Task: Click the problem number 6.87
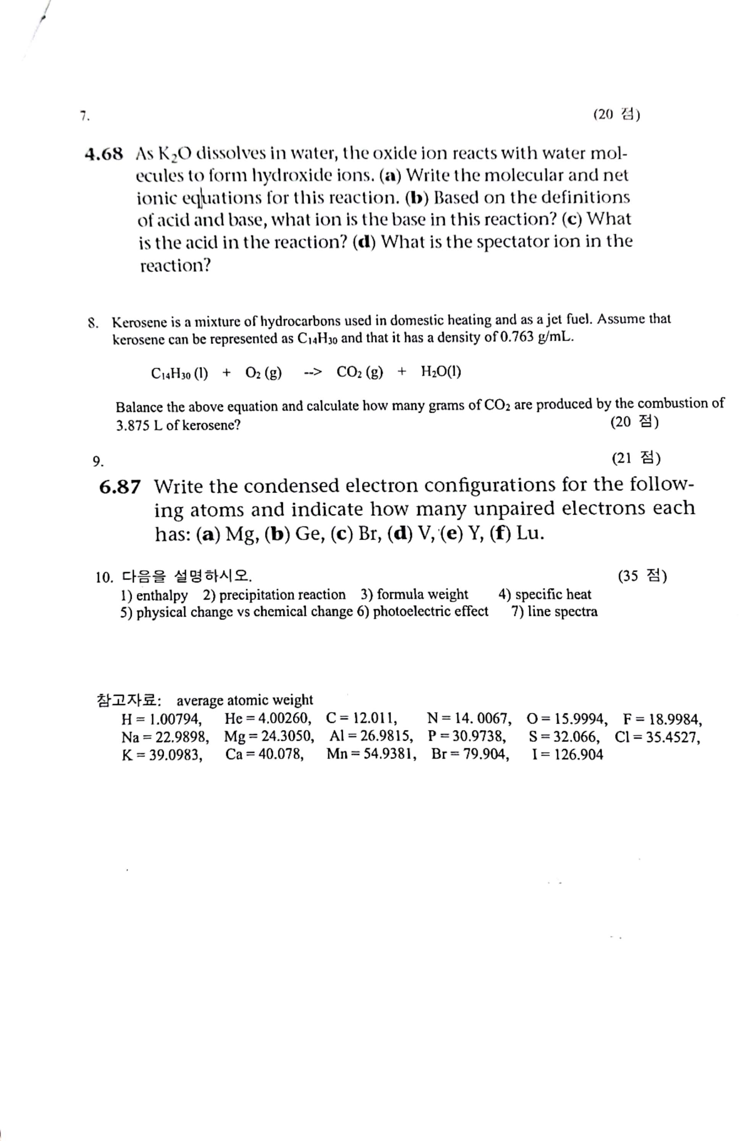pos(120,487)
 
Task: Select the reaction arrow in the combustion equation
pos(313,372)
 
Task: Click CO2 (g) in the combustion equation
pos(360,372)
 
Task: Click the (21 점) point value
pos(636,459)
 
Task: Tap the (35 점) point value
pos(642,575)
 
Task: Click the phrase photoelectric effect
pos(430,611)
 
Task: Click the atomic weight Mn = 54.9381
pos(371,755)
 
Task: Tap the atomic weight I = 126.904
pos(567,755)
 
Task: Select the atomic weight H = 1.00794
pos(162,719)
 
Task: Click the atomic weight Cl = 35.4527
pos(657,737)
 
